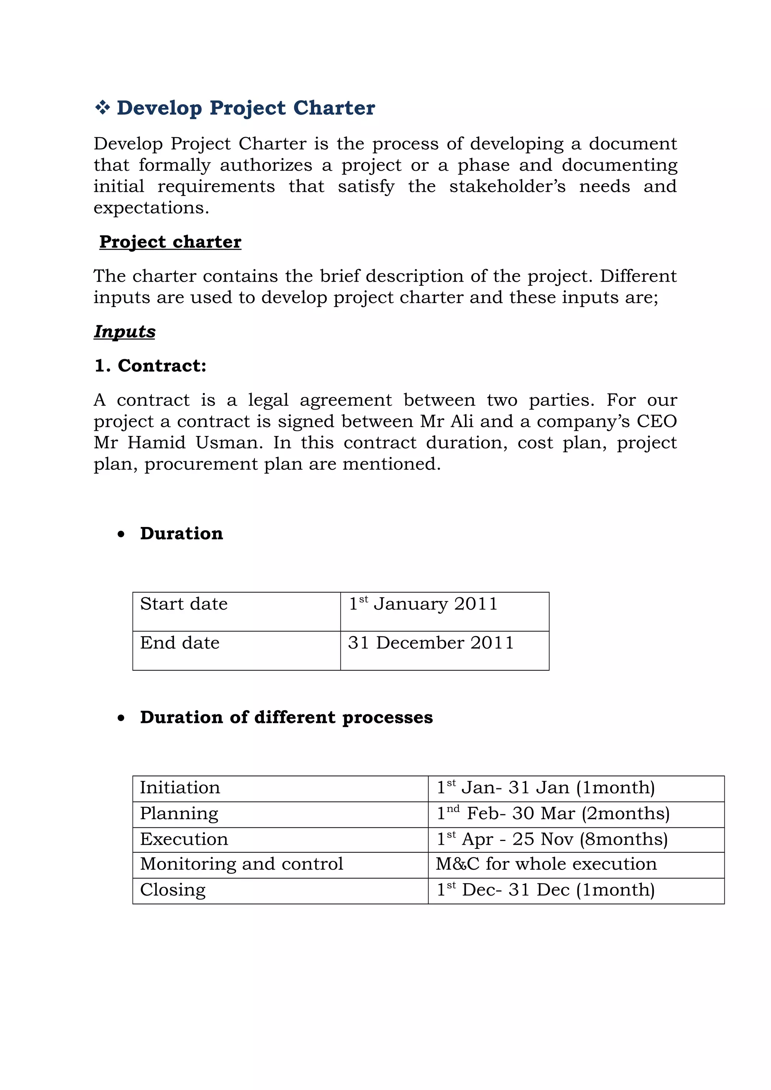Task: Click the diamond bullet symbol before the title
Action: point(102,108)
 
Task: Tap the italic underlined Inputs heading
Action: point(125,331)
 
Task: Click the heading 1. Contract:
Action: point(150,366)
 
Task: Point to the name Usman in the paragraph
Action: point(229,442)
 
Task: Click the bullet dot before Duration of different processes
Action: point(121,717)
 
